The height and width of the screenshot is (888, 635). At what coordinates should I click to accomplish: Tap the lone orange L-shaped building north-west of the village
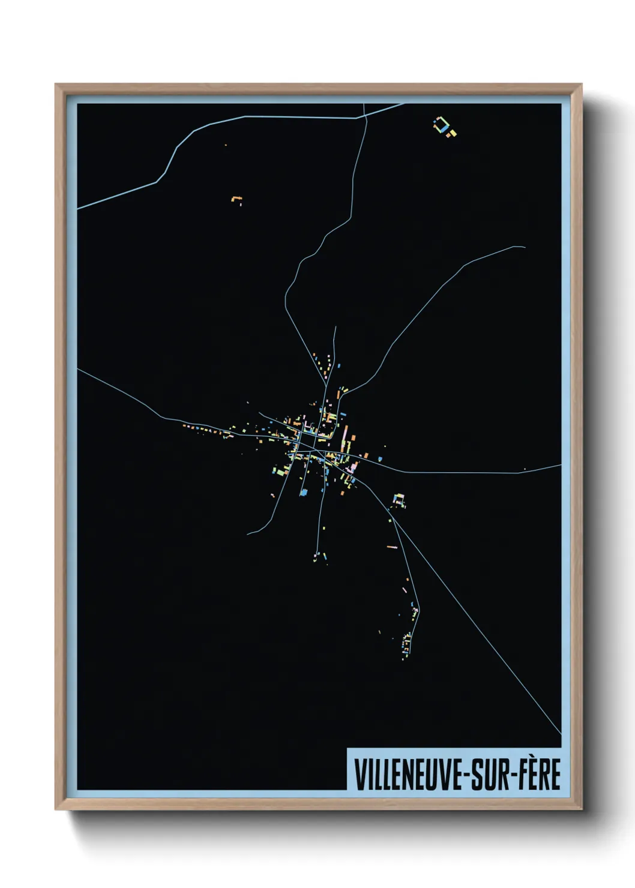coord(236,199)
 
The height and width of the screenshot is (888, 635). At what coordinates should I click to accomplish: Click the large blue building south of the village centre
coord(304,492)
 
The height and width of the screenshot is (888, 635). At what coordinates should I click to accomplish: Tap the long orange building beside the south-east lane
coord(392,547)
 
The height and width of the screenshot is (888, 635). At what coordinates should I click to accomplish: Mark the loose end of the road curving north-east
coord(525,247)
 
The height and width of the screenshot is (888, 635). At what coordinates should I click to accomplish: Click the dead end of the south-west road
coord(248,533)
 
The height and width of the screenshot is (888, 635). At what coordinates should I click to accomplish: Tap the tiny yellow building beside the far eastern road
coord(525,469)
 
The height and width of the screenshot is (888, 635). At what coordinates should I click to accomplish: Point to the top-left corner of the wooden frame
coord(56,85)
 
